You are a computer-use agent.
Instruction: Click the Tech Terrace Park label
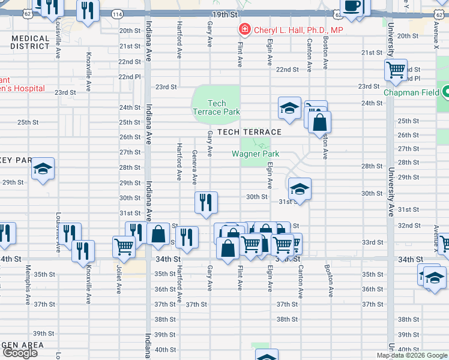pos(216,107)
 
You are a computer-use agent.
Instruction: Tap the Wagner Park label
pos(256,154)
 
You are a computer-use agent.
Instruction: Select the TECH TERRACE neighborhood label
pos(249,132)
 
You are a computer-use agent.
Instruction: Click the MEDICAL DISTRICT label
pos(30,42)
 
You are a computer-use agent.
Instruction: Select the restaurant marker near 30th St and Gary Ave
pos(206,202)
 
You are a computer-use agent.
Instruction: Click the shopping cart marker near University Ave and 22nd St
pos(396,71)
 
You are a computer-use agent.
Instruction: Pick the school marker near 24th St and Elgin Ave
pos(289,109)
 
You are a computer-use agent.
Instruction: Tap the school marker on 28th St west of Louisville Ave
pos(43,169)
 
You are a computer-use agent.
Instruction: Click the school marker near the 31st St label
pos(299,190)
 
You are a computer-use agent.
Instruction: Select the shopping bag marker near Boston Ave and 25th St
pos(321,122)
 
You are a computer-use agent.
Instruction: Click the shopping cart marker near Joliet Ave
pos(124,245)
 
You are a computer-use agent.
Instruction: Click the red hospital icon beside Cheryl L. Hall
pos(244,29)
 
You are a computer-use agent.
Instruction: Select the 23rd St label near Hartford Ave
pos(166,86)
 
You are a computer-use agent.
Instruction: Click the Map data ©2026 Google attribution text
pos(411,355)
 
